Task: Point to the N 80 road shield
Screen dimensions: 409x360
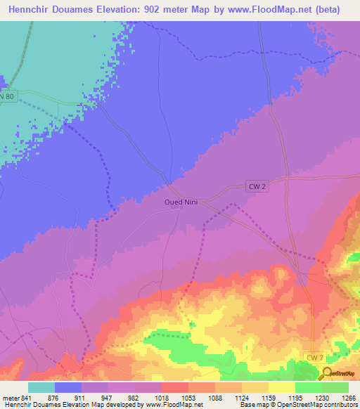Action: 6,96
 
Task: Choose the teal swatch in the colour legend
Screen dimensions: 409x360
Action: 41,387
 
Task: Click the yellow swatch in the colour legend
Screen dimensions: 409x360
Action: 281,387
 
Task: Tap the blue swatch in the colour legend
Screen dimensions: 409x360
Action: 68,387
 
